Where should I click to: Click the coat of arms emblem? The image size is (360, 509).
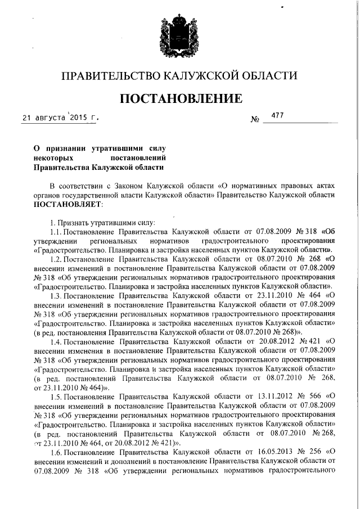pyautogui.click(x=179, y=39)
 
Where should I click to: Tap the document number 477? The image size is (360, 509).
pyautogui.click(x=277, y=115)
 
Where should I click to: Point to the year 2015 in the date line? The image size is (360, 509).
pyautogui.click(x=78, y=118)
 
